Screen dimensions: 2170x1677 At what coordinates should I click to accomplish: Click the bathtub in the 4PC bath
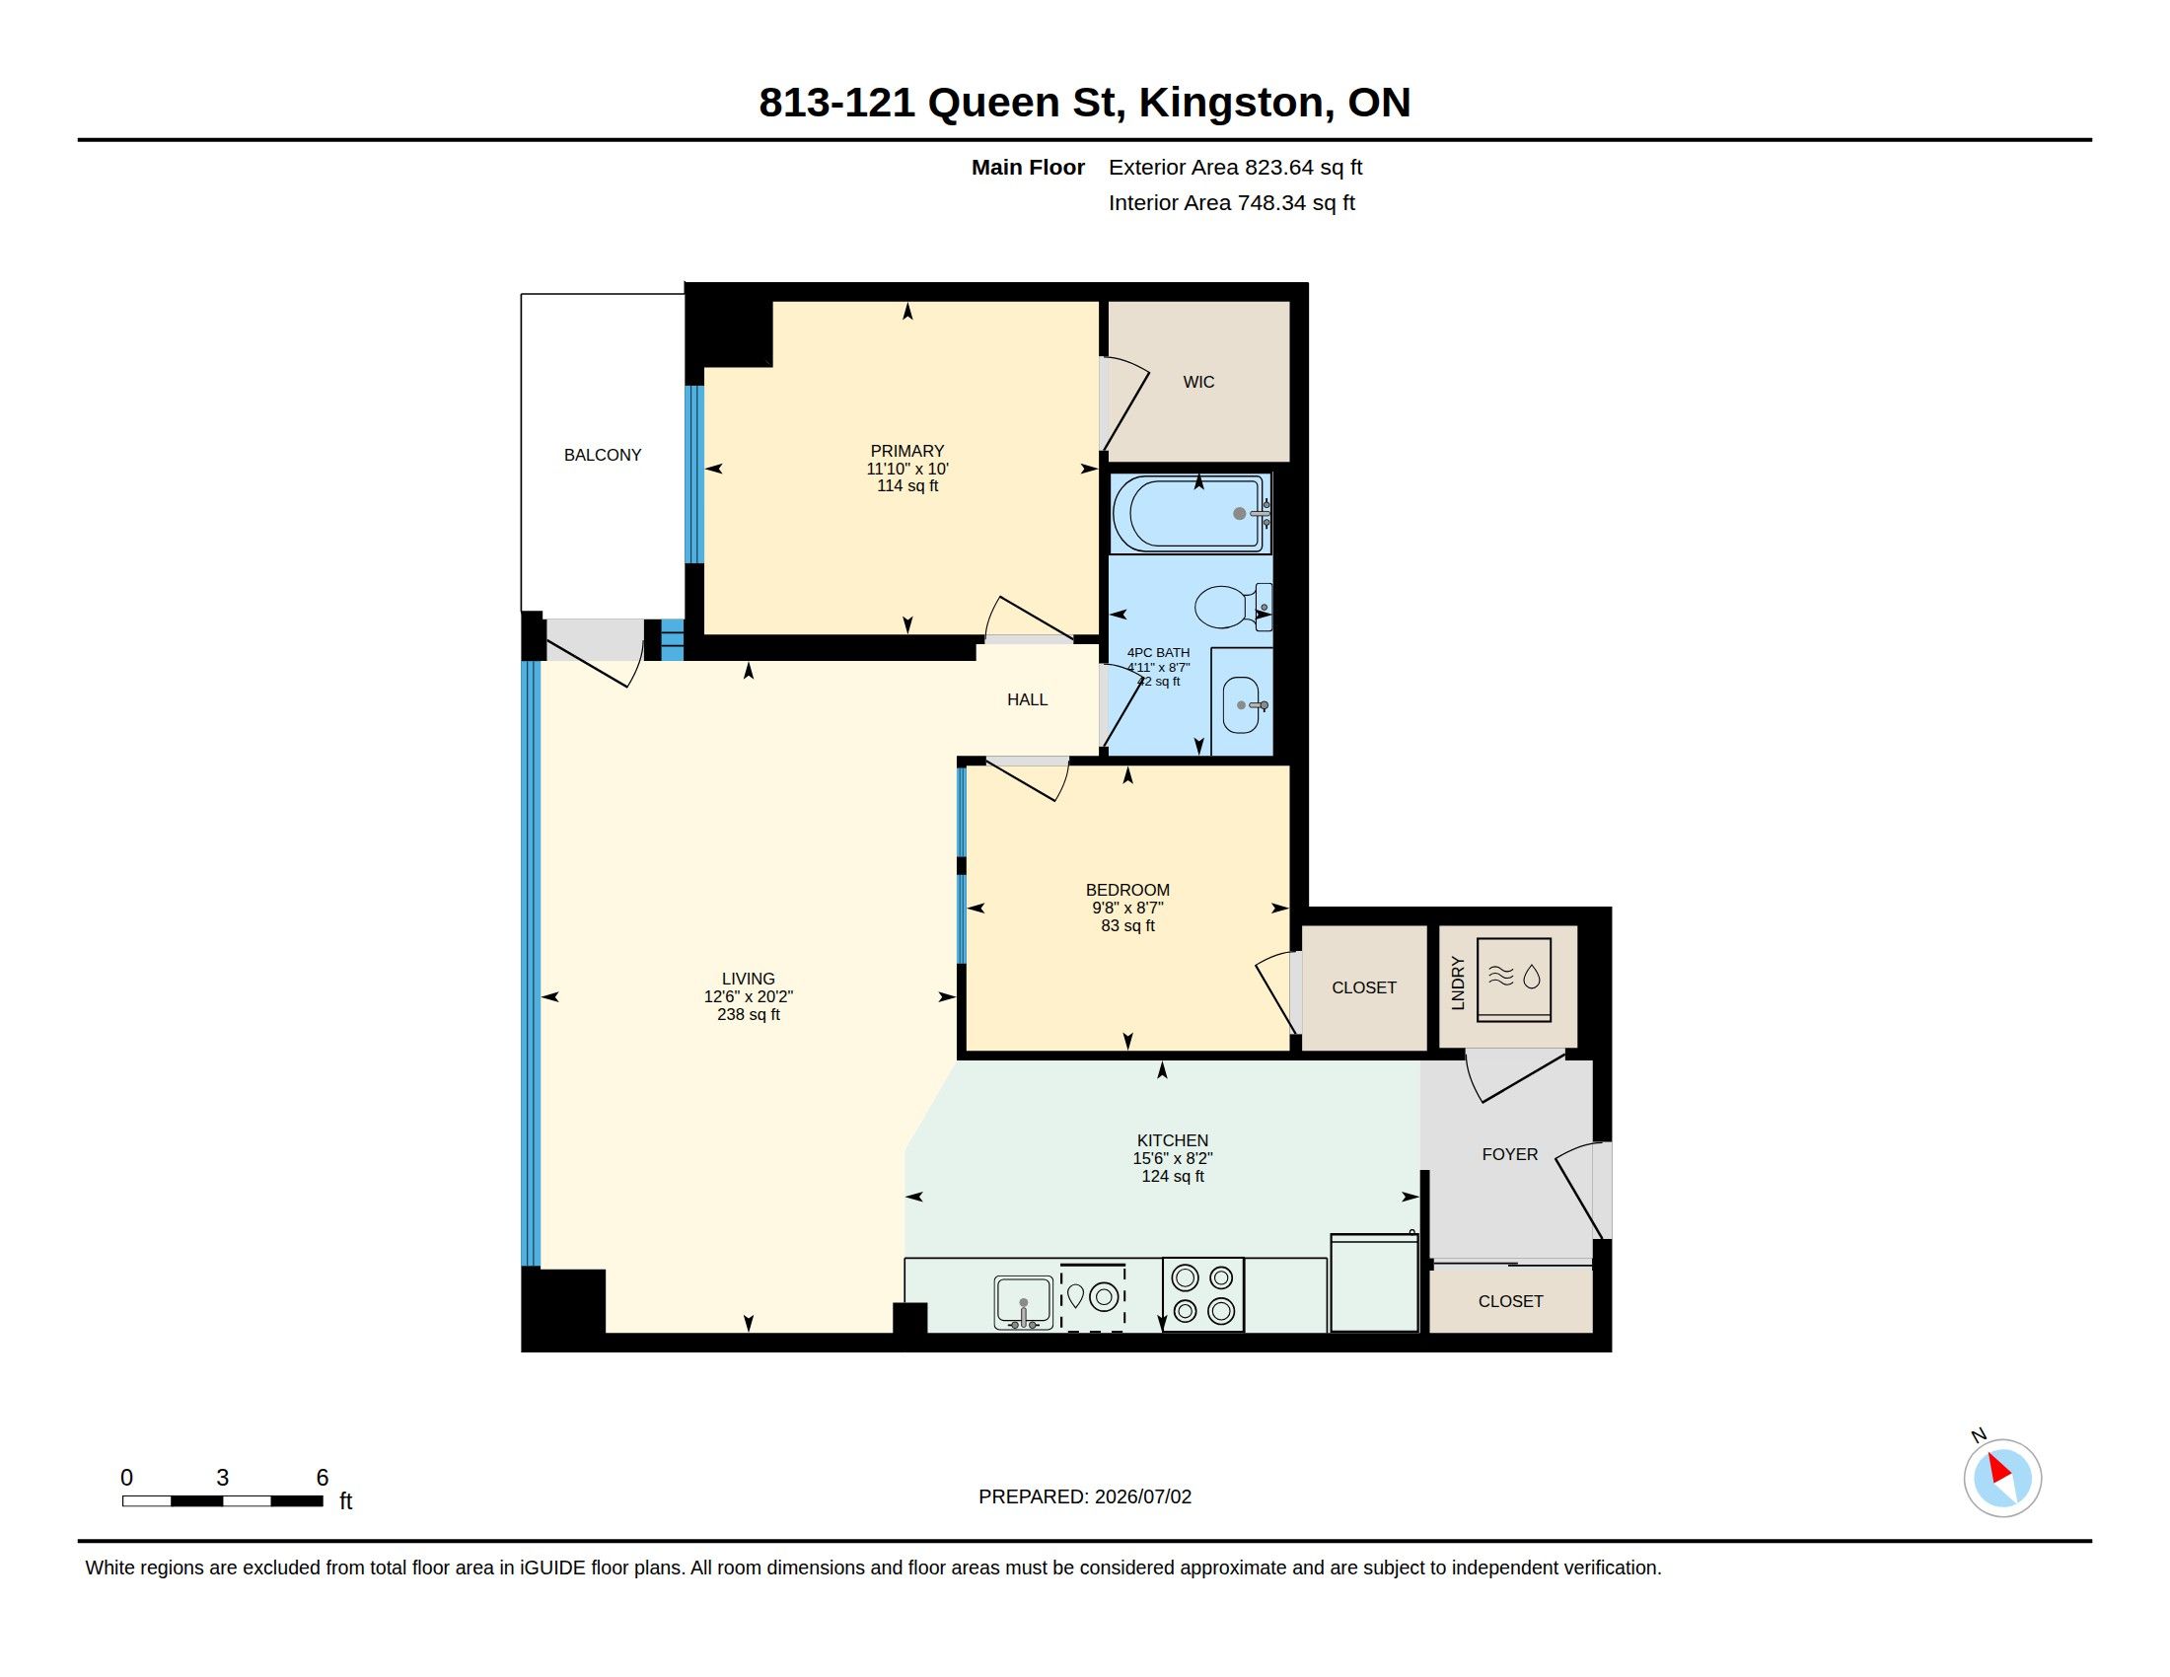click(x=1191, y=514)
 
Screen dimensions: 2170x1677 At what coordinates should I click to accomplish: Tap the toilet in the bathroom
click(x=1233, y=606)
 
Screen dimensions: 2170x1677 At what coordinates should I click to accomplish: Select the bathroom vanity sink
click(x=1242, y=703)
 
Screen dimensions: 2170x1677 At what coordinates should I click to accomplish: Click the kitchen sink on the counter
click(x=1024, y=1303)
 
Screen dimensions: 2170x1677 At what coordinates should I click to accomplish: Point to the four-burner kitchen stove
click(x=1203, y=1294)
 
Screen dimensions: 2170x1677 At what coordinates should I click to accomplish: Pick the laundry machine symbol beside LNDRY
click(x=1514, y=980)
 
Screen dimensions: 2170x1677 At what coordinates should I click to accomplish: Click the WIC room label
click(x=1198, y=382)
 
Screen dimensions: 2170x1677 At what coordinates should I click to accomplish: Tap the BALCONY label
click(x=602, y=455)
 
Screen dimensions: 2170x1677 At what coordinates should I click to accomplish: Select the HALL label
click(x=1028, y=699)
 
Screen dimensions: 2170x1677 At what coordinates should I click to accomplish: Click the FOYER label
click(x=1509, y=1154)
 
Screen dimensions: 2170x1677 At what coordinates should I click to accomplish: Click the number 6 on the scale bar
click(x=322, y=1478)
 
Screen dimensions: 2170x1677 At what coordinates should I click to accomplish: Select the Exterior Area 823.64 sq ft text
click(x=1235, y=167)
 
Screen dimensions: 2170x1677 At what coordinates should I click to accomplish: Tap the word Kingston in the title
click(x=1231, y=103)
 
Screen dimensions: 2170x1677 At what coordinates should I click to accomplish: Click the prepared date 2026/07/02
click(x=1142, y=1496)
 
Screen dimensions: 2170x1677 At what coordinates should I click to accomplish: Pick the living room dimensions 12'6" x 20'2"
click(x=749, y=996)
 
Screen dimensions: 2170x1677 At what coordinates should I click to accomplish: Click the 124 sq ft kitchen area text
click(x=1173, y=1176)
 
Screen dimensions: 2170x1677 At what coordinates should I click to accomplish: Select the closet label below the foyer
click(x=1510, y=1301)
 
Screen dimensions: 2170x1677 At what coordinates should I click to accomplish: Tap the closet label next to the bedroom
click(x=1364, y=987)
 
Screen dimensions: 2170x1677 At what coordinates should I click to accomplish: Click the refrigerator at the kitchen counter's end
click(x=1374, y=1282)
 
